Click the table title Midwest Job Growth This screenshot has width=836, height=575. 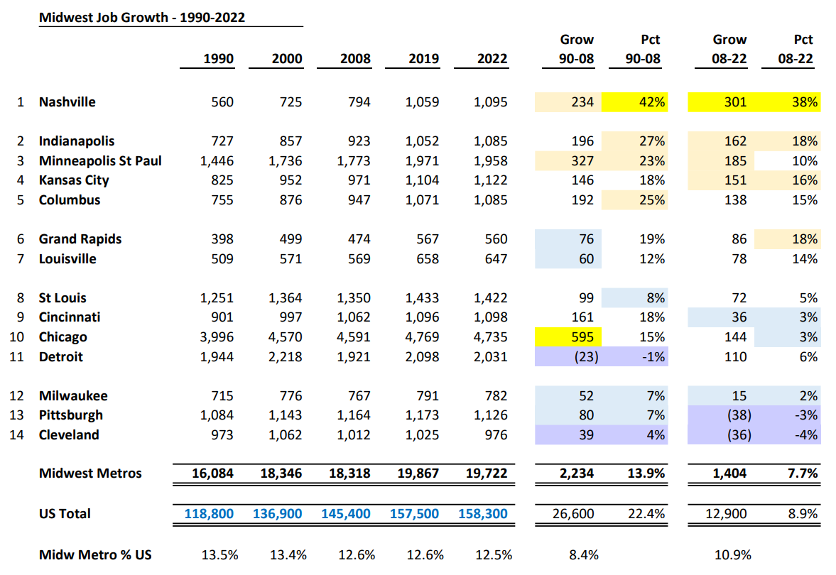[x=142, y=18]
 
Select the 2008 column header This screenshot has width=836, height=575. [x=355, y=59]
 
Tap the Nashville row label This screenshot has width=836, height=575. [x=67, y=102]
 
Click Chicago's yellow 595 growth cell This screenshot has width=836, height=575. [x=582, y=337]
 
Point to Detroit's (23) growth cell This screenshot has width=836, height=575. [x=582, y=357]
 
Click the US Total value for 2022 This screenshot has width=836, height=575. [x=483, y=513]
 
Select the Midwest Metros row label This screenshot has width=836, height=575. [x=90, y=473]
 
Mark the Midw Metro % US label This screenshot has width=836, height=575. [x=95, y=554]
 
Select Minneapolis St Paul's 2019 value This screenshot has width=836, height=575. [x=423, y=161]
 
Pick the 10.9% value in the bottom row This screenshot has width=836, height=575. [x=732, y=554]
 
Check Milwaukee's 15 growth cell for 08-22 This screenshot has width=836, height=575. [x=739, y=396]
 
